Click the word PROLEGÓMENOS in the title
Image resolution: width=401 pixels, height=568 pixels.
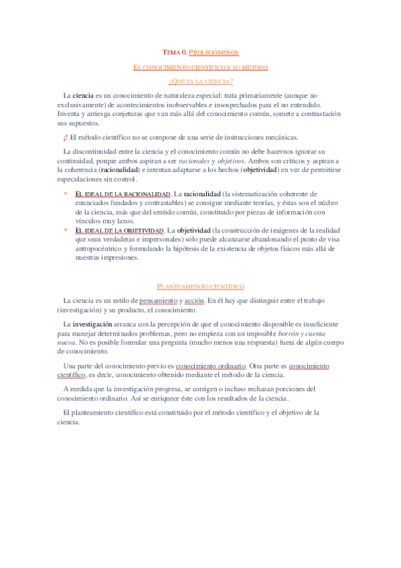[214, 52]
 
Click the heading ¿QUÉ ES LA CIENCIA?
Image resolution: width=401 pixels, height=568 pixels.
[201, 82]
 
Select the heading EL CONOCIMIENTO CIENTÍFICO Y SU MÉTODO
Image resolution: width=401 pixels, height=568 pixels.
[201, 67]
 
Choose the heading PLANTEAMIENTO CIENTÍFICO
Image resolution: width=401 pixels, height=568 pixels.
[200, 286]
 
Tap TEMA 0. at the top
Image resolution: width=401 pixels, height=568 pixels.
[175, 52]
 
